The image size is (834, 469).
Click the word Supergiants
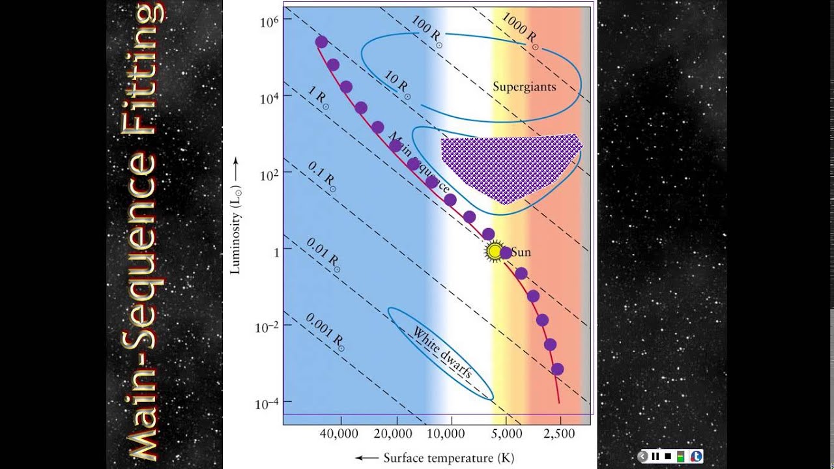[x=524, y=87]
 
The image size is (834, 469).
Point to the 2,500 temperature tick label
[x=560, y=434]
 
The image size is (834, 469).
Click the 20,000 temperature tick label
[x=395, y=434]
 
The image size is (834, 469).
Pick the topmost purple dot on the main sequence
[x=321, y=42]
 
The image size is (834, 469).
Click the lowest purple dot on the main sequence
[x=557, y=369]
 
